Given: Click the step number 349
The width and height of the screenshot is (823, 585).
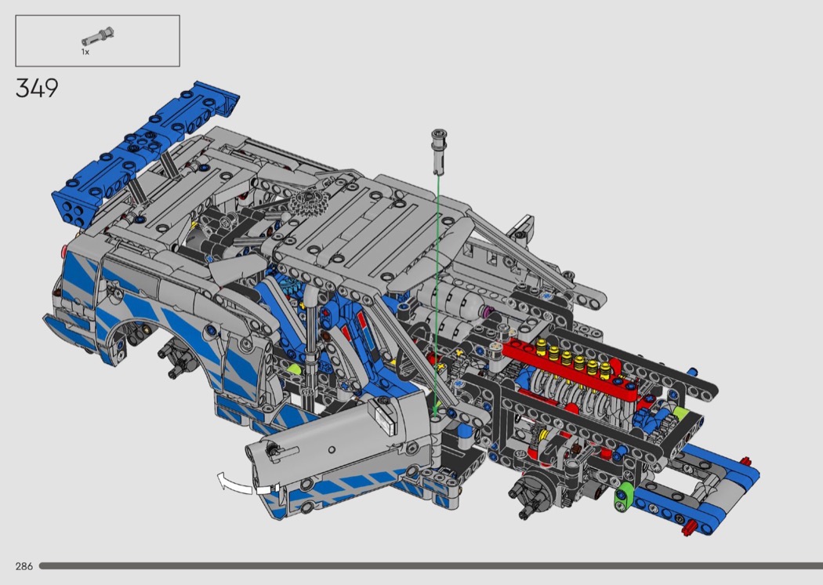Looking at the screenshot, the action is [x=37, y=89].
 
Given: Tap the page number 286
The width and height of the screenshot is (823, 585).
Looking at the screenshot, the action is [x=24, y=566].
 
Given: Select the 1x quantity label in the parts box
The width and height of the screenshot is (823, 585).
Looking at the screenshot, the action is [x=85, y=52].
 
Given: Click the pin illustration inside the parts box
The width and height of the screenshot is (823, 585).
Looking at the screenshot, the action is [x=98, y=37].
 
